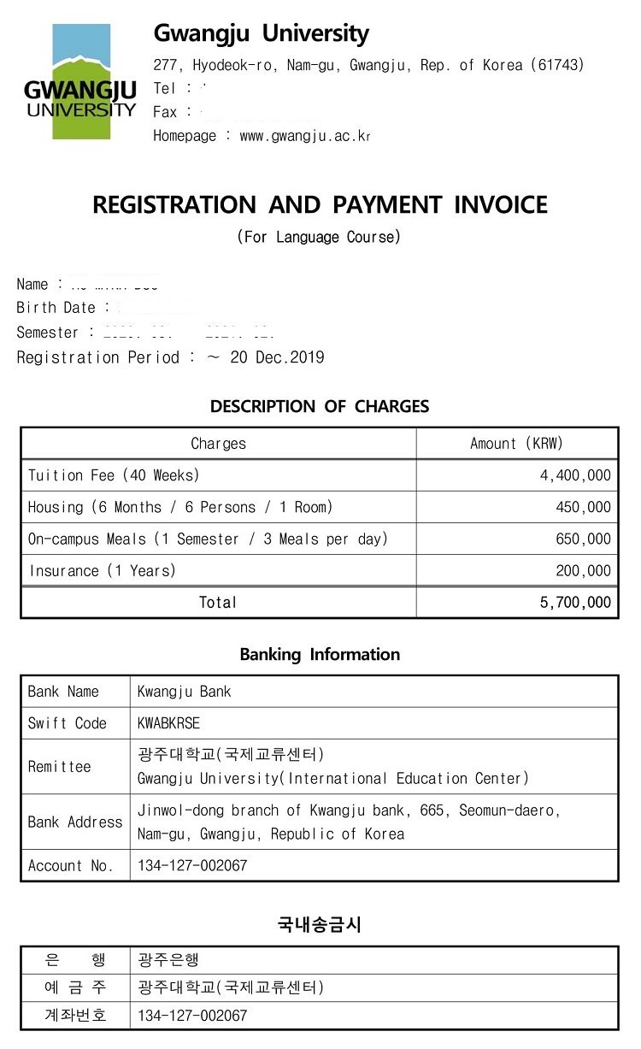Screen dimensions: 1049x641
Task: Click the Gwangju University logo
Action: point(81,82)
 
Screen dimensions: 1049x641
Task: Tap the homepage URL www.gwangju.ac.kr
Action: point(305,136)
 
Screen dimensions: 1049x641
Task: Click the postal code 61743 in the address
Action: point(557,65)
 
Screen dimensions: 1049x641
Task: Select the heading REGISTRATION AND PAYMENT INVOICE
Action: point(320,205)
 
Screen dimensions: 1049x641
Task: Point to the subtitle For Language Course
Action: point(319,237)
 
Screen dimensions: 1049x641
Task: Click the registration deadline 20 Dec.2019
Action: point(277,357)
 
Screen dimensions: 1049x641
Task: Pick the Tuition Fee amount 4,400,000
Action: point(575,475)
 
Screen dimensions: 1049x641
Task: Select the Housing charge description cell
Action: point(180,507)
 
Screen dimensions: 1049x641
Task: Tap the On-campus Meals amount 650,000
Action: point(583,539)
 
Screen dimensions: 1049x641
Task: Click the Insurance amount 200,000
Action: point(583,570)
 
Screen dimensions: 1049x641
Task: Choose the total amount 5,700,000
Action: point(575,602)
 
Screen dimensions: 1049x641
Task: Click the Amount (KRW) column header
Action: point(516,444)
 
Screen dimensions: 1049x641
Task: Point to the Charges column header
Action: point(218,444)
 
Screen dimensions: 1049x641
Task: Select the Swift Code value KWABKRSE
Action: point(168,723)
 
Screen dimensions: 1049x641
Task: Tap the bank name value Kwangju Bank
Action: point(184,692)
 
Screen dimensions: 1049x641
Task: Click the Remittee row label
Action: point(59,767)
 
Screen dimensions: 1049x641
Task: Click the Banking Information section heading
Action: point(320,655)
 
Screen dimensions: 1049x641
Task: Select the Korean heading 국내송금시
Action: point(320,924)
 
